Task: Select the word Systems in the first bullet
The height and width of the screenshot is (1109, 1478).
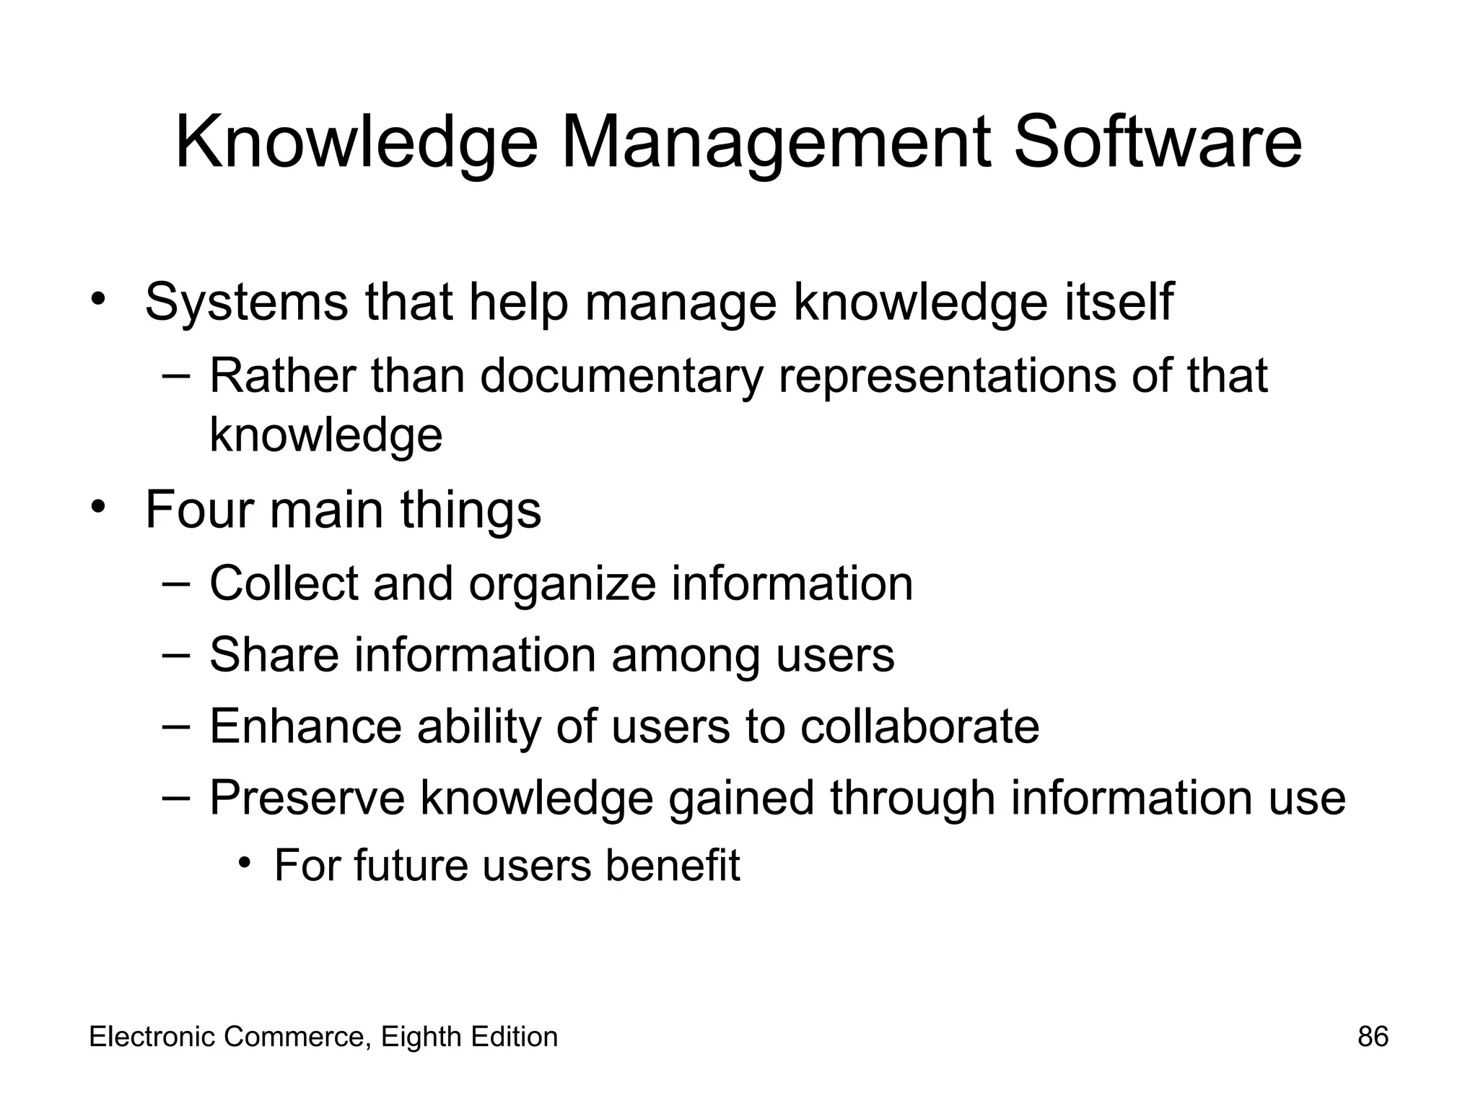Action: click(x=246, y=303)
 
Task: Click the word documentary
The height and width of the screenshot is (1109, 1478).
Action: click(x=621, y=377)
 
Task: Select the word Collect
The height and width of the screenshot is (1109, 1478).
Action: click(x=284, y=583)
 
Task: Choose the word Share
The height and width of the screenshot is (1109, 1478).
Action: click(x=274, y=655)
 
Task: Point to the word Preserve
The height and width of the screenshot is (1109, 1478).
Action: click(x=307, y=799)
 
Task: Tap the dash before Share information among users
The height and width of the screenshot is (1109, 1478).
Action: click(x=176, y=654)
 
